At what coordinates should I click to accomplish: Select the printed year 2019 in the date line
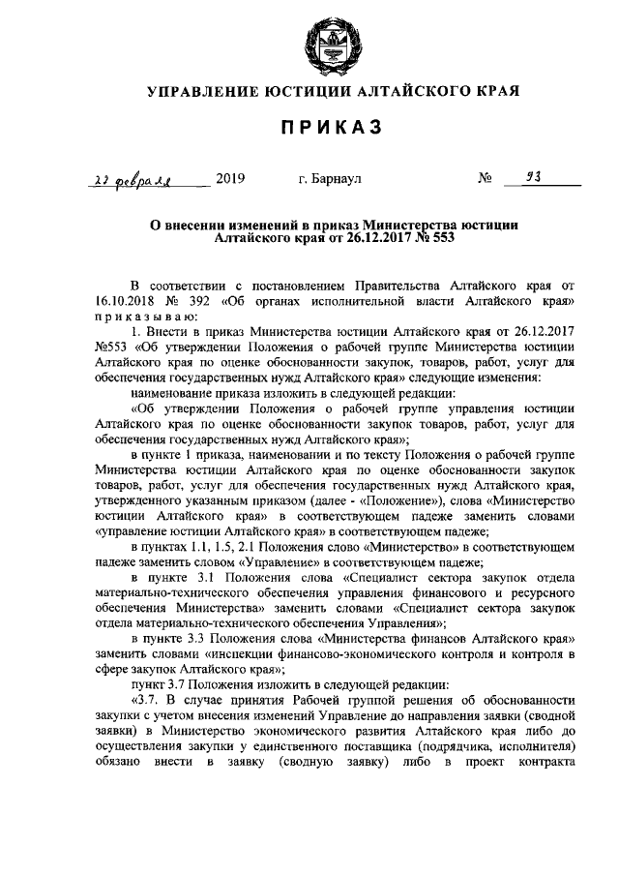231,178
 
